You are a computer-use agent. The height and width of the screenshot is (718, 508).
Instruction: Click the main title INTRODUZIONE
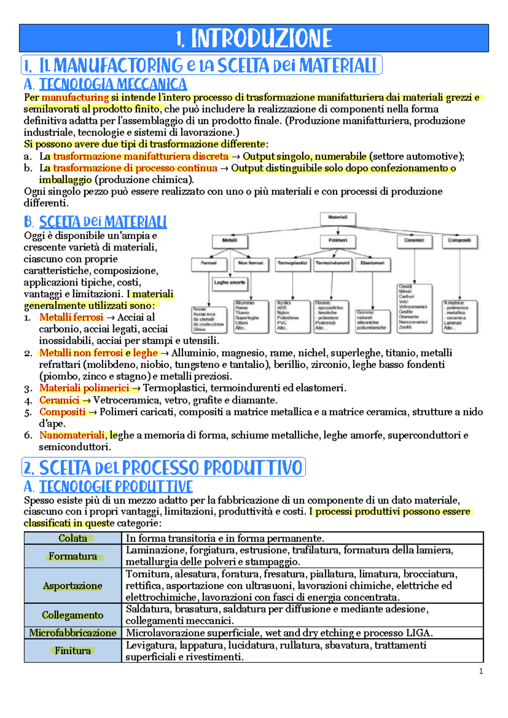254,38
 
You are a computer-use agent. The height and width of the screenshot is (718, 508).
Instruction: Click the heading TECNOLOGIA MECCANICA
113,84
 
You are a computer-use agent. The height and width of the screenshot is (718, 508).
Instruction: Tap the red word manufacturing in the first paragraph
75,97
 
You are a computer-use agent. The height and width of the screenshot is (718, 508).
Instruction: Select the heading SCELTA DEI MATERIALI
103,222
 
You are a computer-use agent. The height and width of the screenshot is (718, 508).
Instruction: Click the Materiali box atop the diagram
338,218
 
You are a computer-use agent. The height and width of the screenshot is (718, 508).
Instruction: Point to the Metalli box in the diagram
229,240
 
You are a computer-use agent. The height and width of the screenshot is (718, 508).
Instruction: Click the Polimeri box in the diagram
338,240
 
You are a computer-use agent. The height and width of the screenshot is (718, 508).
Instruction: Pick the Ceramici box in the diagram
414,240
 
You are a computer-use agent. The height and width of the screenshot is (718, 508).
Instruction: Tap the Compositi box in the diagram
459,240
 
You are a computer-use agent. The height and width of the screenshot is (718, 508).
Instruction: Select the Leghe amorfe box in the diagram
229,282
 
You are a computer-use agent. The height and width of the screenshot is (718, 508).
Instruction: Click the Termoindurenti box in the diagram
333,263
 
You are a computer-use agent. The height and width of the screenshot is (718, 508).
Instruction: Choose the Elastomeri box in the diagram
373,263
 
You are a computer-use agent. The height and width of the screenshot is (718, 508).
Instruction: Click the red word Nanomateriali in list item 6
72,435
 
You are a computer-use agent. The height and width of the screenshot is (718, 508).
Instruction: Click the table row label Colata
73,538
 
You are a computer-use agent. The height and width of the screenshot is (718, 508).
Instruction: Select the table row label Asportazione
73,585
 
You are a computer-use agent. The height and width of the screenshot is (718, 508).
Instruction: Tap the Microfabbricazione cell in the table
73,633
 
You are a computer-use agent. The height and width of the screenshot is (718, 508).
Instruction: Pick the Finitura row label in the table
73,651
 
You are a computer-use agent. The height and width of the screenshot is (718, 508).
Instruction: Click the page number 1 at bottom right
481,671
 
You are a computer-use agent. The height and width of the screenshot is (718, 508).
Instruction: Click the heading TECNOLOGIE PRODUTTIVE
116,487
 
